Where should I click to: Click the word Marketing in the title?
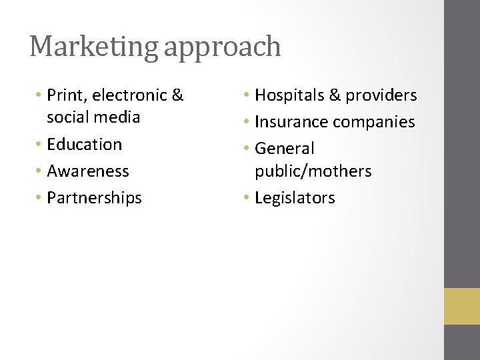[93, 47]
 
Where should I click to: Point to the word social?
[69, 117]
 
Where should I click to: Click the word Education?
[85, 144]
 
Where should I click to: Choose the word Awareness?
[88, 171]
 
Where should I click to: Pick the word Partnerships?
[95, 198]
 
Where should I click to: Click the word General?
[285, 148]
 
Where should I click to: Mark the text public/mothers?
[313, 171]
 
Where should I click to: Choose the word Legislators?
[295, 198]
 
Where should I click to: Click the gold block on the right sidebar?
[462, 306]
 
